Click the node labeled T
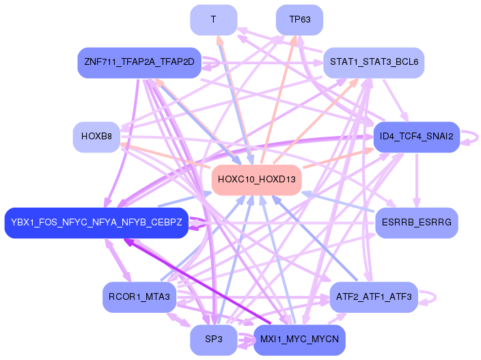click(x=214, y=20)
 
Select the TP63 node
click(x=299, y=20)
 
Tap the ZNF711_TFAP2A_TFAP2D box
click(x=139, y=62)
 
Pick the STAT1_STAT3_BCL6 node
click(x=374, y=62)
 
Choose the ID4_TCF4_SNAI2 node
click(x=415, y=137)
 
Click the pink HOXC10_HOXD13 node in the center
click(x=257, y=180)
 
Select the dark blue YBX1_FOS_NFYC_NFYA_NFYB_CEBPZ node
click(x=96, y=223)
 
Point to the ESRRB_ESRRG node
click(x=416, y=223)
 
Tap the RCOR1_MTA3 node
click(x=139, y=297)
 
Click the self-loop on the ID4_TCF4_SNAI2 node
click(x=471, y=137)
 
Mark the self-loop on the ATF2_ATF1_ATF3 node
click(x=431, y=297)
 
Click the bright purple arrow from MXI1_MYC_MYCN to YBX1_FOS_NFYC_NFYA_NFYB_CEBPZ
click(x=198, y=280)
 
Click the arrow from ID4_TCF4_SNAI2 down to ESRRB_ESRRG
click(x=416, y=179)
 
